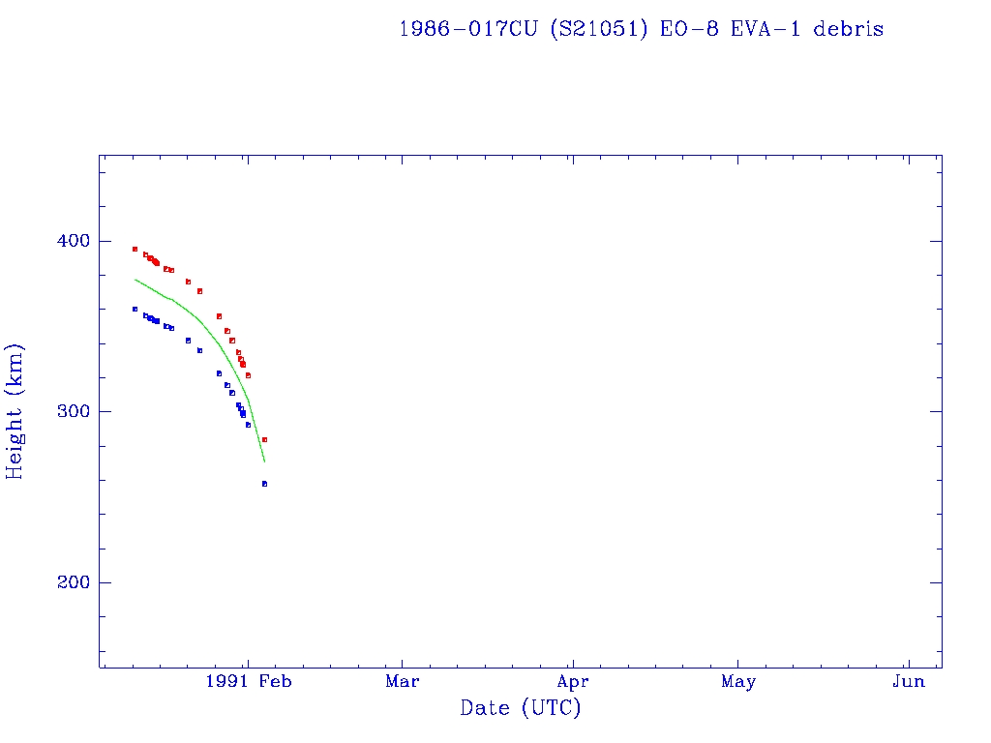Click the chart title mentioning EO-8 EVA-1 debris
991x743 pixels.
tap(641, 29)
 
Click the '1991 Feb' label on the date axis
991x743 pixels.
tap(249, 682)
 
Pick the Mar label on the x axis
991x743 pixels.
tap(402, 682)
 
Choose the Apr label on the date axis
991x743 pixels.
tap(573, 682)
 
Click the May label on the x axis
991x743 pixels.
tap(738, 682)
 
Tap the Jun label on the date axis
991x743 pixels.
tap(908, 682)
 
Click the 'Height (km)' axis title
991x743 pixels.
tap(15, 411)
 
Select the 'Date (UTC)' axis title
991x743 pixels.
tap(521, 709)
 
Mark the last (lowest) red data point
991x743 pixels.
tap(264, 439)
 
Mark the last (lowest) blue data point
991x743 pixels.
tap(264, 484)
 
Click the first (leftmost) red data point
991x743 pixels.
tap(135, 249)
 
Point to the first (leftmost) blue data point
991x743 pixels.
tap(135, 309)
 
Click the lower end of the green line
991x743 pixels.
tap(264, 461)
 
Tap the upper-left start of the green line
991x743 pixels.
tap(135, 280)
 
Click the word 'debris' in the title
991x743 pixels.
tap(848, 29)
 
